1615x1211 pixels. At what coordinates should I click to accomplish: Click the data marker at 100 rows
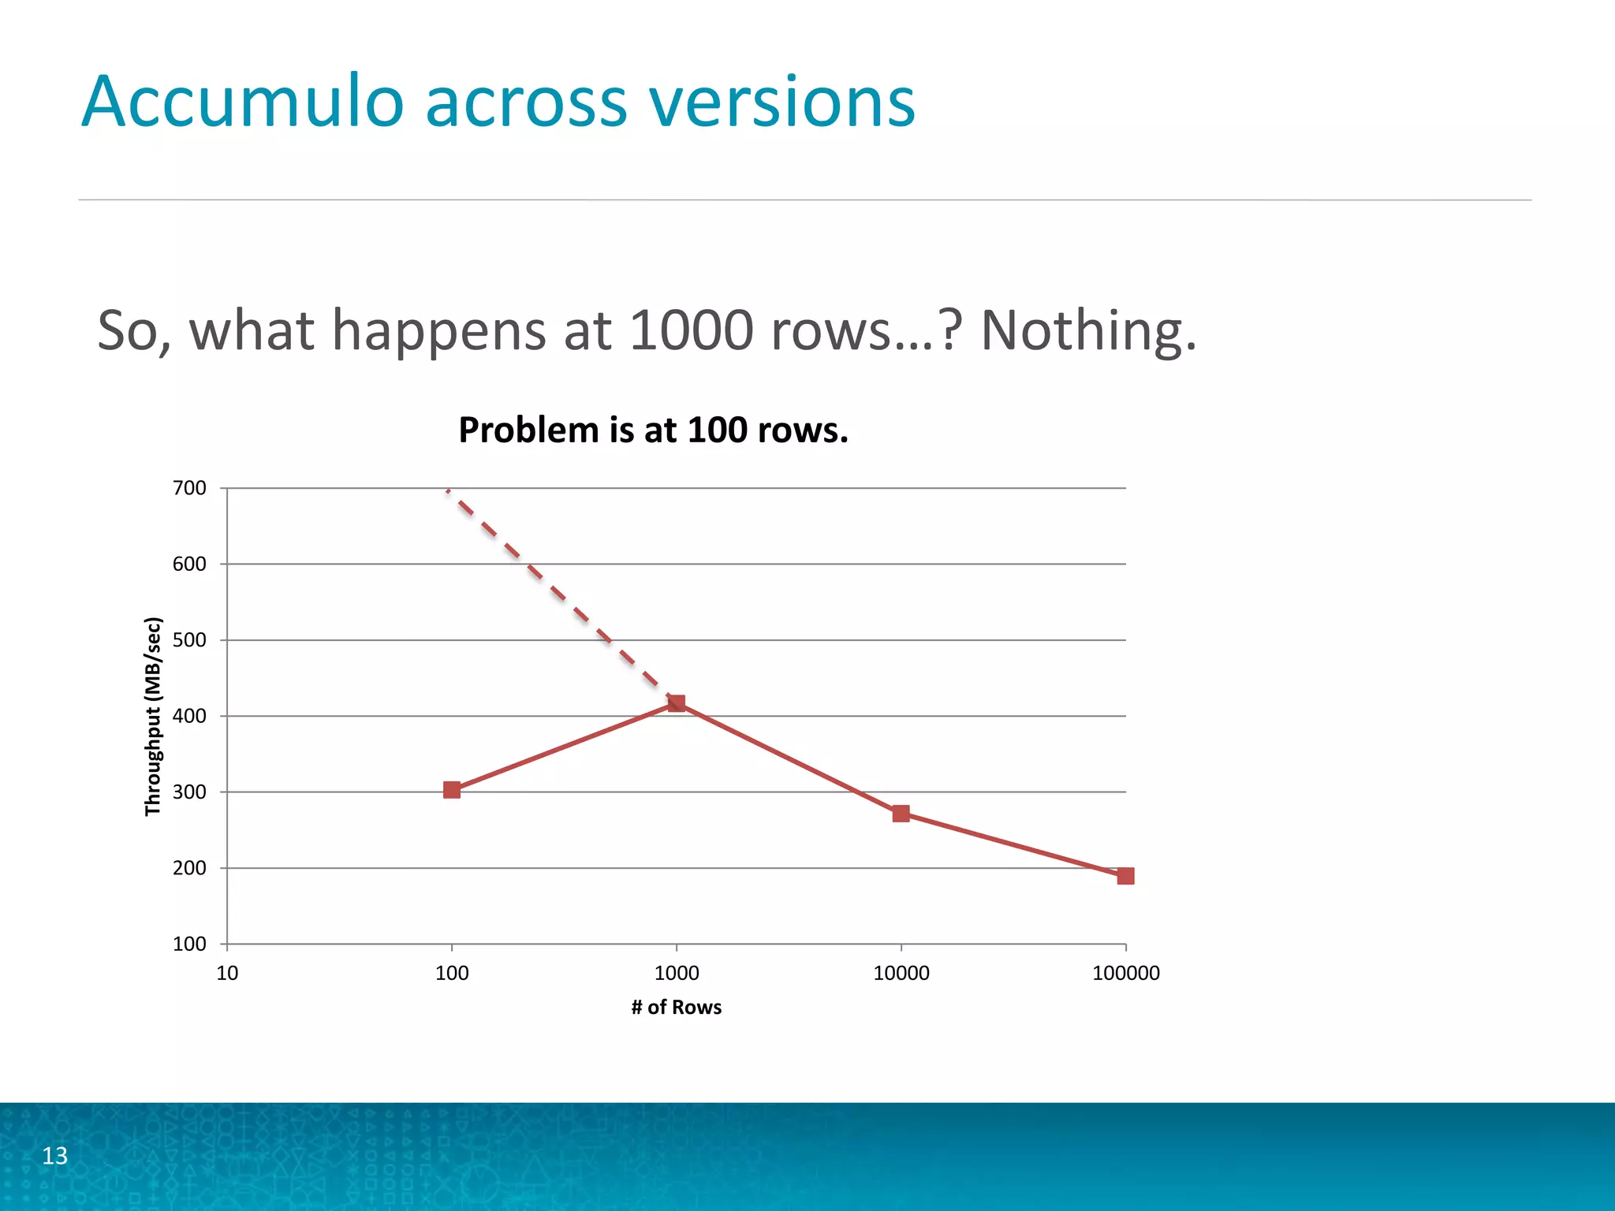452,790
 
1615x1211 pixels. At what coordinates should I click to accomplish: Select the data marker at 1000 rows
677,702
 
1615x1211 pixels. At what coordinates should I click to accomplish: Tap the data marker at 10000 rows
901,814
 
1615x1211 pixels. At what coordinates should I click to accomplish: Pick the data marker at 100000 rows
1125,876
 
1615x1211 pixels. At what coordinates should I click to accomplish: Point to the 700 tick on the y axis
189,488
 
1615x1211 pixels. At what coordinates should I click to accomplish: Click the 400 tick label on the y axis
189,716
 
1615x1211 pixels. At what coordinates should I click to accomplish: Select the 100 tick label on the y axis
189,944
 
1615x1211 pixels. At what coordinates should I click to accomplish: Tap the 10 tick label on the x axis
227,973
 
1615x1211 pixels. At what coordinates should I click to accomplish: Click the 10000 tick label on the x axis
901,973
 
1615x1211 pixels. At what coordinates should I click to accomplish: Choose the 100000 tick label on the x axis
1125,973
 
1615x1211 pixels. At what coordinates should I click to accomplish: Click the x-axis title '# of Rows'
677,1008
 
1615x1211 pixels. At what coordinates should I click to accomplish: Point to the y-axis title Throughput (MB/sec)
153,716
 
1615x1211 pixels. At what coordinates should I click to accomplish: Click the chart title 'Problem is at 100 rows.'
653,430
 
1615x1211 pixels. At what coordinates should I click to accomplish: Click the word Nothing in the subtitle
1088,330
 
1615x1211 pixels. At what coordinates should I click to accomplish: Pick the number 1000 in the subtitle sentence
692,330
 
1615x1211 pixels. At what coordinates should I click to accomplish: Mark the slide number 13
54,1156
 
